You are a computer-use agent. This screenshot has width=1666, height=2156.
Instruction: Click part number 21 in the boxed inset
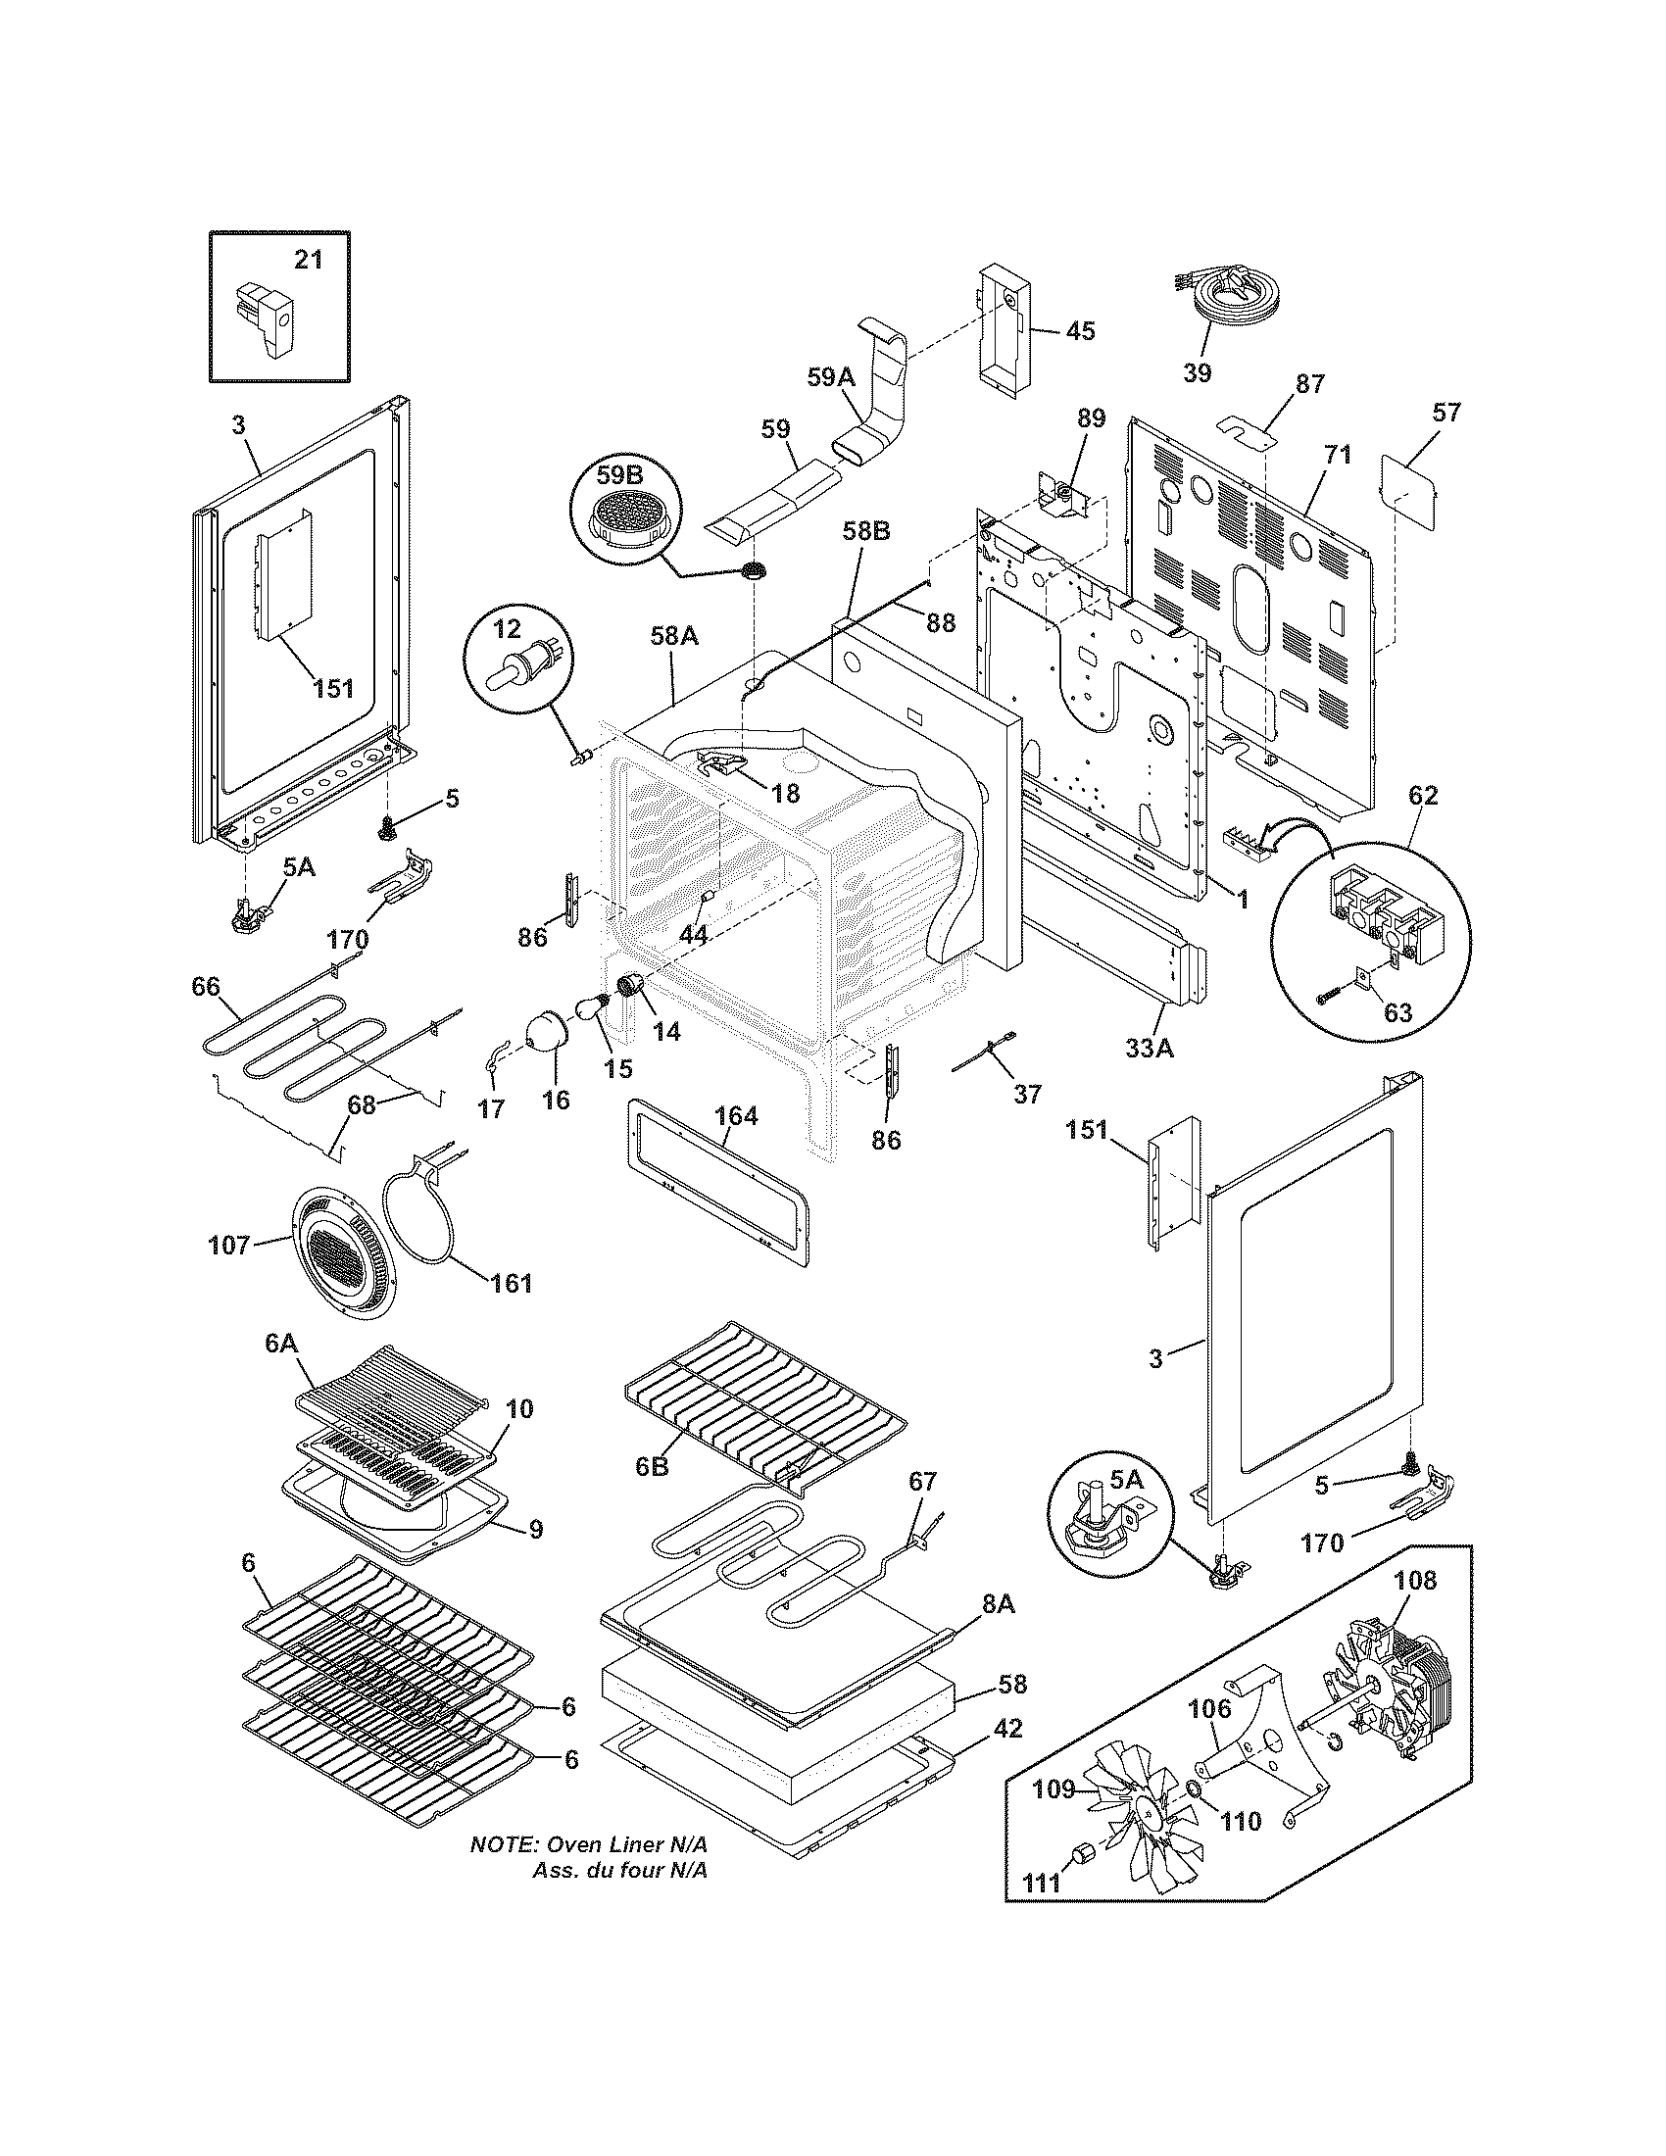[309, 260]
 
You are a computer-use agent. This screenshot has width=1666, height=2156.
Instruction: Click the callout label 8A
[998, 1604]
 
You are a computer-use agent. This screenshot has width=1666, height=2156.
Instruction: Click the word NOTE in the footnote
[503, 1844]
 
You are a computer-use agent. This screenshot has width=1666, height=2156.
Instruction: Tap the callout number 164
[736, 1116]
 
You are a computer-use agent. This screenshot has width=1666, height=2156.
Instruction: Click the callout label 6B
[652, 1494]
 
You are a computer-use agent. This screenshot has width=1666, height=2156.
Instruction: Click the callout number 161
[512, 1284]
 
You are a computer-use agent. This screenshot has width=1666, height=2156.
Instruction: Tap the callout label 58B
[865, 530]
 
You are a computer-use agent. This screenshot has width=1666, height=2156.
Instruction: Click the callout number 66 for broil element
[206, 986]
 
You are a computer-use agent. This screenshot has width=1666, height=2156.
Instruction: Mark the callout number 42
[1007, 1728]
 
